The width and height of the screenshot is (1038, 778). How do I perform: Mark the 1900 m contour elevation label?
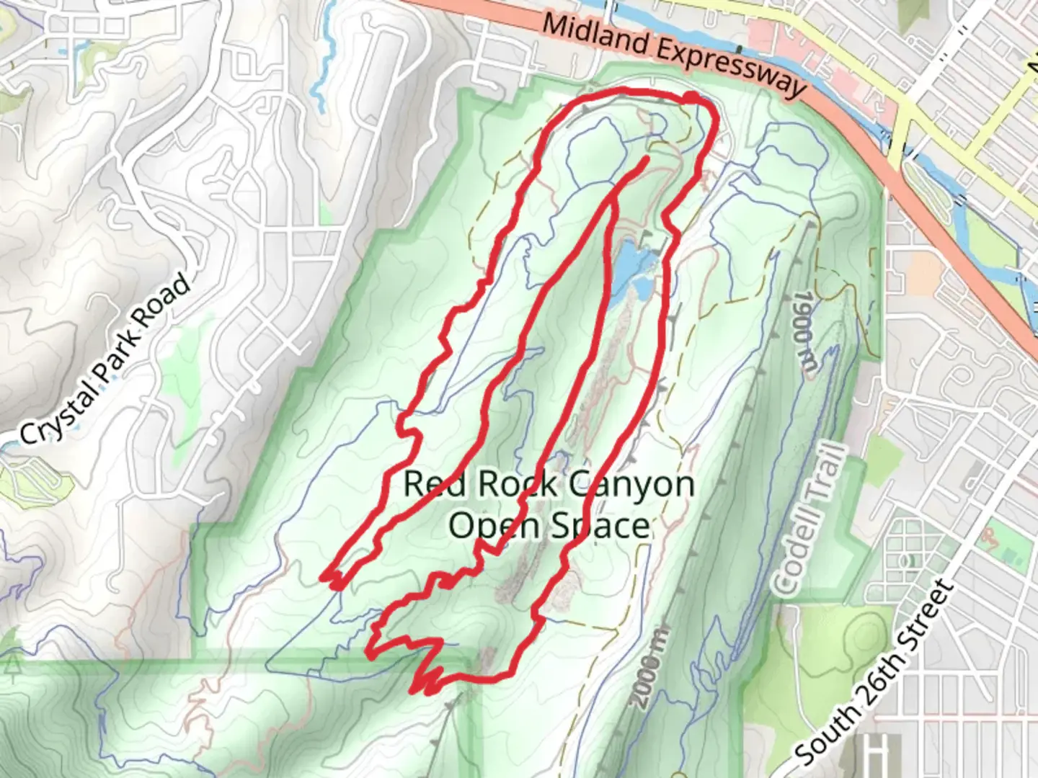pyautogui.click(x=804, y=331)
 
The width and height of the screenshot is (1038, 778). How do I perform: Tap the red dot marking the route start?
pyautogui.click(x=690, y=97)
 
